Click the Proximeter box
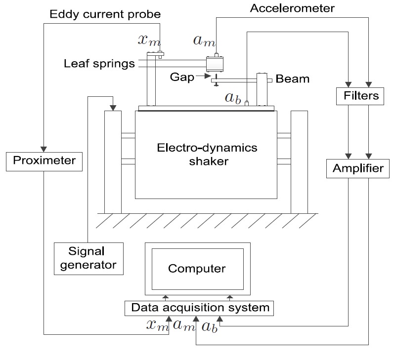click(44, 160)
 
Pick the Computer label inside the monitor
click(197, 269)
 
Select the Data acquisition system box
click(200, 308)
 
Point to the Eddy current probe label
click(105, 14)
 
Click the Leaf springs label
click(99, 64)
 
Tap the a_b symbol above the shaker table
click(233, 97)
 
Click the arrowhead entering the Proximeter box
click(44, 149)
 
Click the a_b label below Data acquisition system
click(209, 325)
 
